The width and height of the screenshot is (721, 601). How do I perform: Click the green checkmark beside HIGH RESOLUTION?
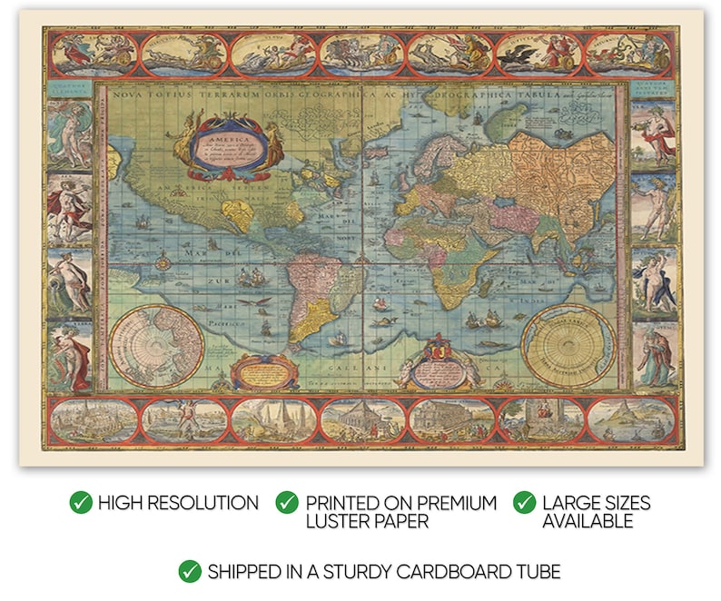click(x=82, y=503)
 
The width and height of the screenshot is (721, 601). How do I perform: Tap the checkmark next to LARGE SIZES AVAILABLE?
click(x=525, y=503)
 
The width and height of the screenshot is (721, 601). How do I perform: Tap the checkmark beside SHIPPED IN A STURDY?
click(x=190, y=572)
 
